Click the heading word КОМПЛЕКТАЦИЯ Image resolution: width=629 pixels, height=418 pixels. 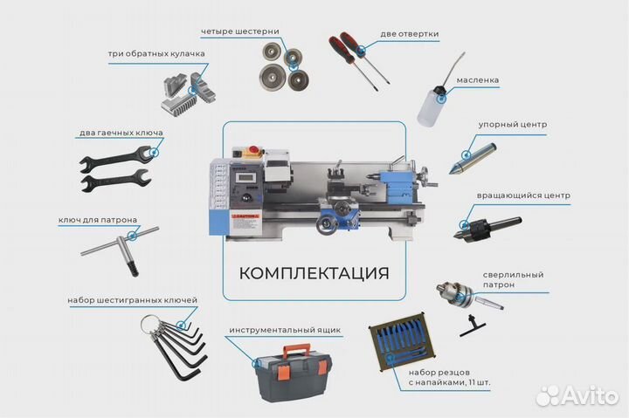(314, 271)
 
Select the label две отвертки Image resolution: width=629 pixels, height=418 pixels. (410, 35)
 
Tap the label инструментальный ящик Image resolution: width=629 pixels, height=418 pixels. (285, 332)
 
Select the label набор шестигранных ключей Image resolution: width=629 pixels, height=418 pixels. (132, 300)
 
